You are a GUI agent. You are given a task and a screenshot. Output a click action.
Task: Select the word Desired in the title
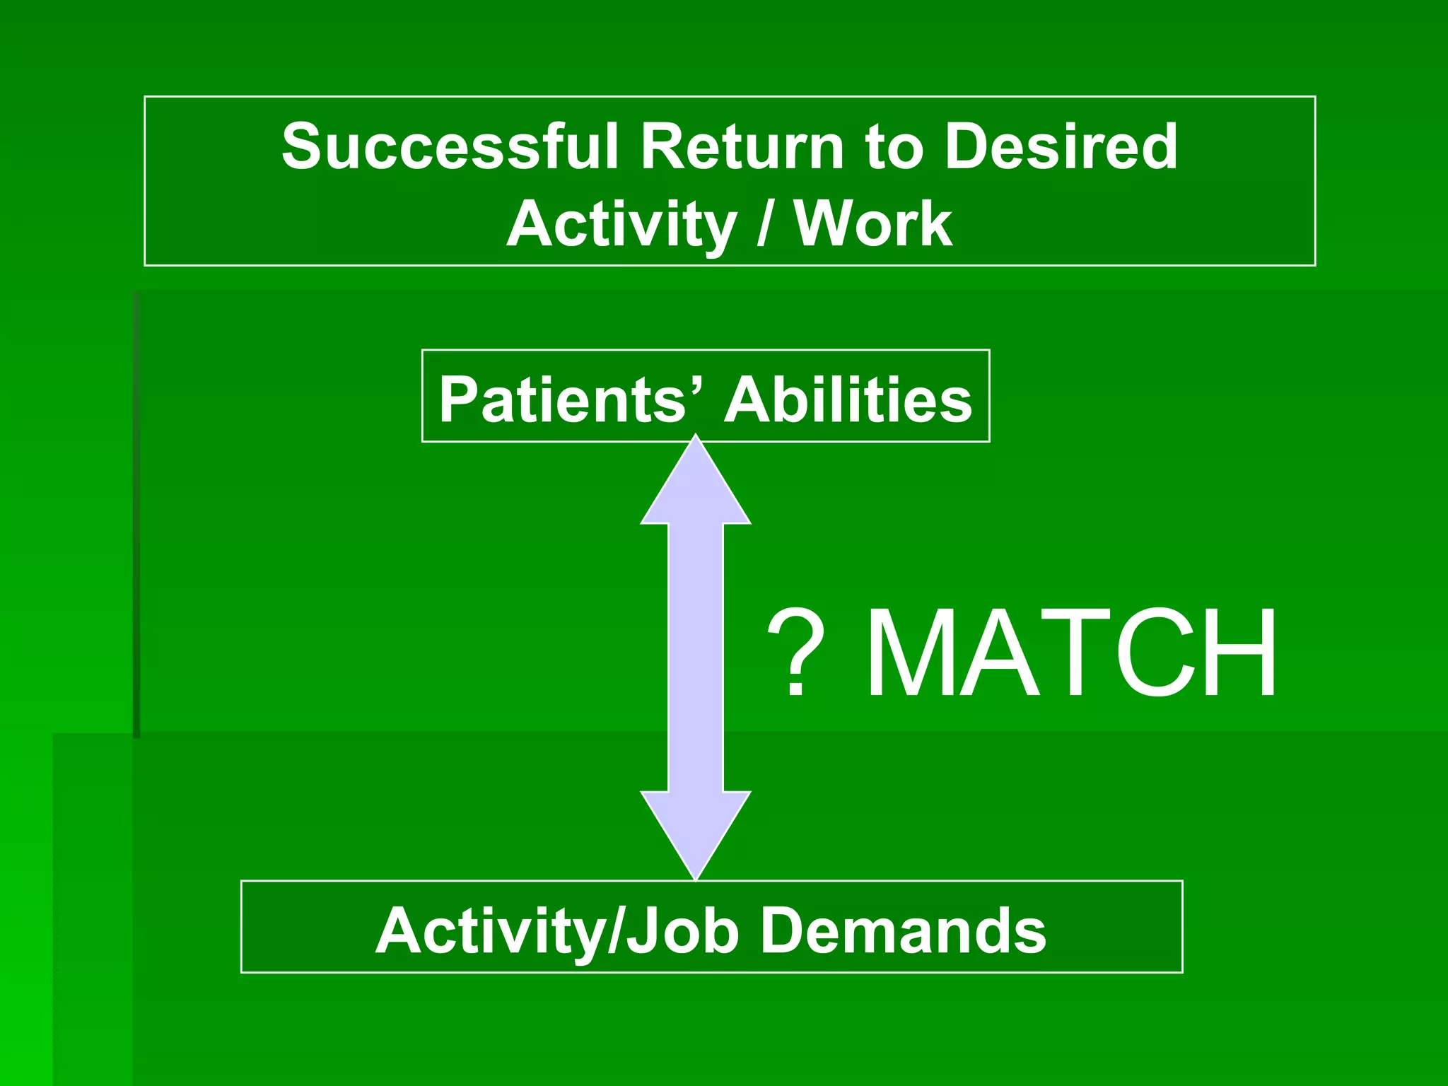click(1061, 146)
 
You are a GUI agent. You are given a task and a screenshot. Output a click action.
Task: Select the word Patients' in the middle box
click(566, 399)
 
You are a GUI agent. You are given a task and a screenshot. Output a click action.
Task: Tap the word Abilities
click(848, 399)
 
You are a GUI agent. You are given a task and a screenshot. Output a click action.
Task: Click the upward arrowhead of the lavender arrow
click(696, 488)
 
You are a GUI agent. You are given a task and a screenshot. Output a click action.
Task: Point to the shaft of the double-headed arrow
click(696, 658)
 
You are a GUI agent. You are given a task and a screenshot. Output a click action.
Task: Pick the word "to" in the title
click(894, 148)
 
